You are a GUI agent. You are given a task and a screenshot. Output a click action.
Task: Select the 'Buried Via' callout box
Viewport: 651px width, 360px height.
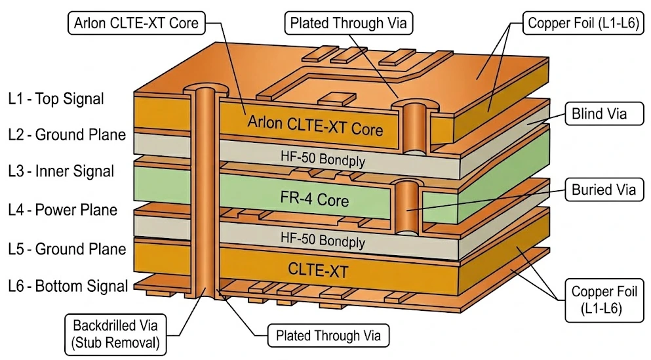[x=603, y=190]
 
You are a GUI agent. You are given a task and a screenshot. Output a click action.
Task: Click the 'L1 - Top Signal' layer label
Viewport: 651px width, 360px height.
[x=56, y=99]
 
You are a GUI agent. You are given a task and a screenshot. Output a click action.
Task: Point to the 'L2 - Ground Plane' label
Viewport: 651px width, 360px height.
[x=66, y=135]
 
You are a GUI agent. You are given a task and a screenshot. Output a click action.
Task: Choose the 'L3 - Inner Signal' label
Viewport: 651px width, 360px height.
[x=61, y=172]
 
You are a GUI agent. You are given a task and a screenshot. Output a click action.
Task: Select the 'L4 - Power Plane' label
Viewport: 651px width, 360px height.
[x=63, y=210]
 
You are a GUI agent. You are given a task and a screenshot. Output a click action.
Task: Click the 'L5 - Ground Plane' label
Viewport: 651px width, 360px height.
[x=66, y=249]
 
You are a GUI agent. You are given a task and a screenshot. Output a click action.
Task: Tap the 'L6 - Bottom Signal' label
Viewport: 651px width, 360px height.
[x=68, y=286]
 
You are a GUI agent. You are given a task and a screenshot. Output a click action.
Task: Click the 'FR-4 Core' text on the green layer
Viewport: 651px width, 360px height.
[x=315, y=198]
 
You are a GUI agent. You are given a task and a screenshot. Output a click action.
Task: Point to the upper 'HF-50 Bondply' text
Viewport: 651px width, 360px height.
[x=322, y=159]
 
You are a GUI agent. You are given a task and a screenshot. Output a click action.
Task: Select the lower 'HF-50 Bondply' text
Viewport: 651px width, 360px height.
[x=322, y=239]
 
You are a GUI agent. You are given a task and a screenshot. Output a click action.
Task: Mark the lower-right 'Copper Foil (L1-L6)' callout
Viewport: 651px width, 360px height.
[x=604, y=299]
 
